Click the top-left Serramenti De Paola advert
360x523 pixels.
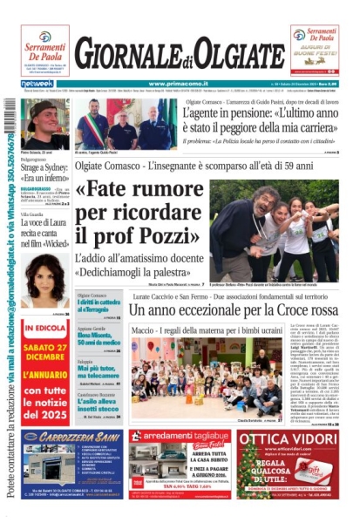pyautogui.click(x=44, y=50)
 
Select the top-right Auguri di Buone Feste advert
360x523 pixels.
pyautogui.click(x=315, y=50)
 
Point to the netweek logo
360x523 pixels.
pyautogui.click(x=36, y=84)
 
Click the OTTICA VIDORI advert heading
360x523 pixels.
pyautogui.click(x=287, y=439)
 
